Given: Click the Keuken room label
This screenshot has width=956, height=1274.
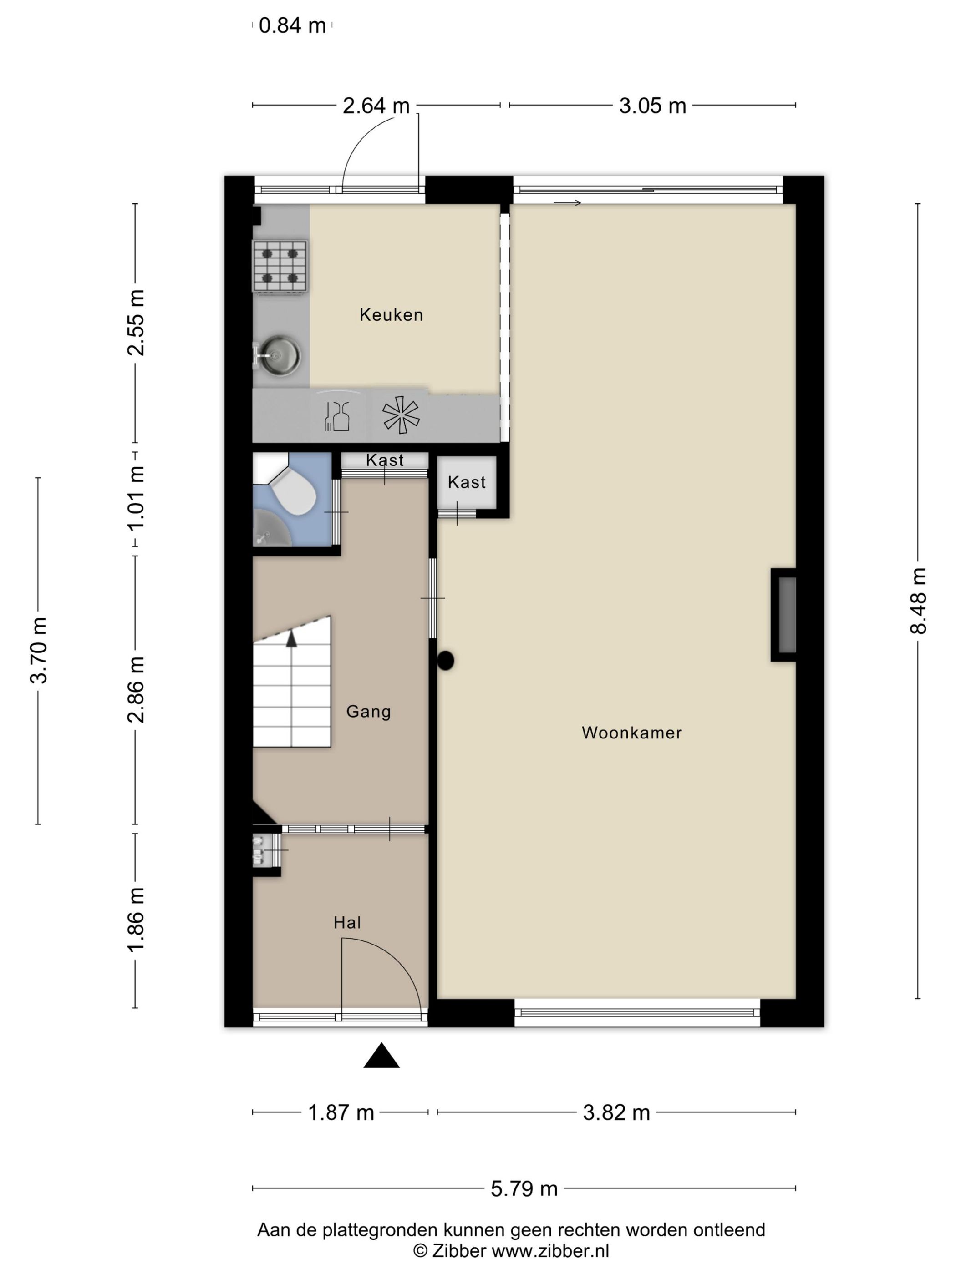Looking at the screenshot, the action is point(391,314).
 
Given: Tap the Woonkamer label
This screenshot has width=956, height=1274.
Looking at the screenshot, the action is point(631,733).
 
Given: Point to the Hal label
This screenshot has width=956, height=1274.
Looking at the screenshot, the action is point(347,923).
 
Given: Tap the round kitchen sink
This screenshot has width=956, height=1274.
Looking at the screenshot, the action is point(280,355).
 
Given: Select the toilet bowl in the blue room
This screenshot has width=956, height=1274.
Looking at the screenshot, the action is point(294,492).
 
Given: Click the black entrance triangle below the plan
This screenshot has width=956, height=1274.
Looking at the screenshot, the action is point(381,1055).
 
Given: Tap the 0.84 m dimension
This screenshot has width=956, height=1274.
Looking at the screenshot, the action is point(292,26).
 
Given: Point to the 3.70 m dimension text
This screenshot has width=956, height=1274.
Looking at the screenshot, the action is point(39,650).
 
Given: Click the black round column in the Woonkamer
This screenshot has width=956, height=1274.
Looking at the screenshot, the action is point(445,661).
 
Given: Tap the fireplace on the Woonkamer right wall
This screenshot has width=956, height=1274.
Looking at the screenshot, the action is point(784,615).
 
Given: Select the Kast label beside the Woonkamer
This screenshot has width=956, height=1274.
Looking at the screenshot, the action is point(466,482).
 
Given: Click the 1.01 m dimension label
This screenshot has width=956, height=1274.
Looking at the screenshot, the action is point(136,498).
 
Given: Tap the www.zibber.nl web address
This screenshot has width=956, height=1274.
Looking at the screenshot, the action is point(550,1250).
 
